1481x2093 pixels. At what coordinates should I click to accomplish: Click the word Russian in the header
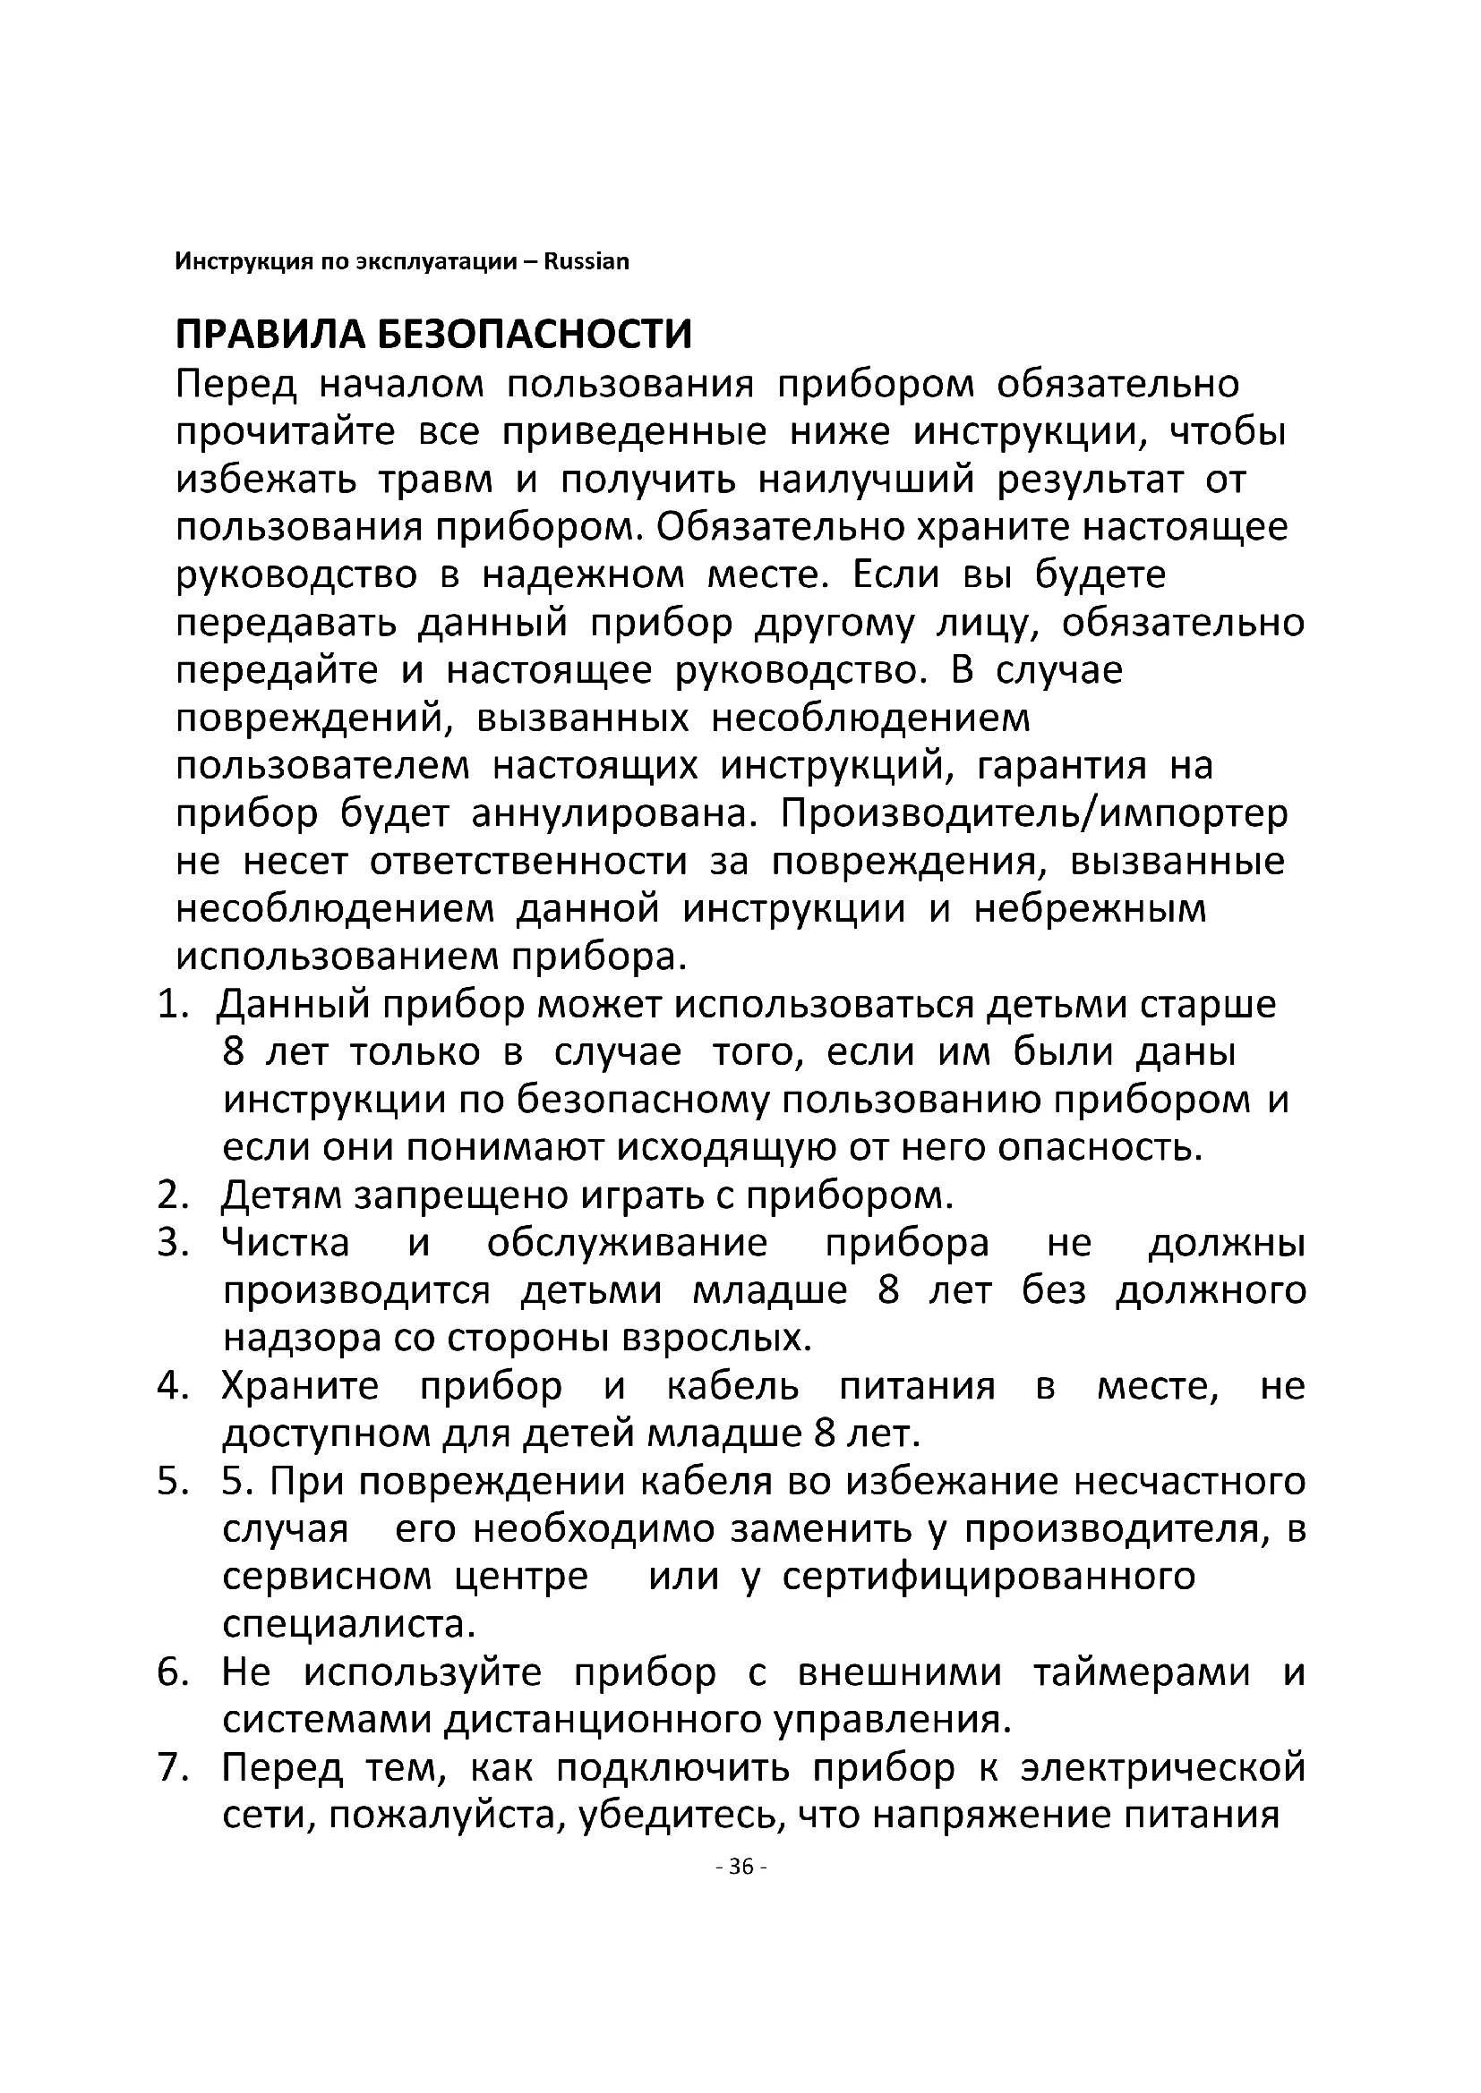tap(586, 262)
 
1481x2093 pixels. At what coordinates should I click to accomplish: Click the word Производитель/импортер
tap(1034, 813)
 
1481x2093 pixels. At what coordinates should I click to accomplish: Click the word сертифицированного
tap(989, 1577)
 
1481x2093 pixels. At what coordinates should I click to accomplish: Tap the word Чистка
tap(286, 1244)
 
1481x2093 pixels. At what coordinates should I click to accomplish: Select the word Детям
tap(279, 1195)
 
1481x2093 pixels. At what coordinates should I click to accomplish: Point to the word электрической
tap(1163, 1768)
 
